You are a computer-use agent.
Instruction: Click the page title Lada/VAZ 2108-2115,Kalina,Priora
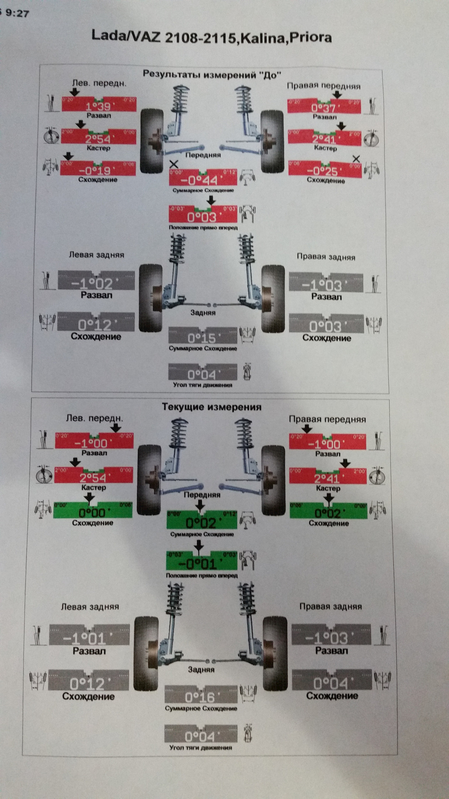click(211, 37)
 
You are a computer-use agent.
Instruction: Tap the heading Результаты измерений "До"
click(212, 75)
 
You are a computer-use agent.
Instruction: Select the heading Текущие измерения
click(212, 407)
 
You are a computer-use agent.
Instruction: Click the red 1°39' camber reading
click(99, 106)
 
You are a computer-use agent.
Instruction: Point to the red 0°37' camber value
click(323, 108)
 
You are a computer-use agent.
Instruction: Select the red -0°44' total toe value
click(203, 180)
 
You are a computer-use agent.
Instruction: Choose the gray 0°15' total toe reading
click(202, 338)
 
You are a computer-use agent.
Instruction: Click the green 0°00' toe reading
click(93, 513)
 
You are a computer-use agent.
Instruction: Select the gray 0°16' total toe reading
click(201, 697)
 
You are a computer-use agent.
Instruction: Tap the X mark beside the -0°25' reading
click(356, 159)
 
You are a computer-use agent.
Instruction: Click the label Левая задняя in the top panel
click(96, 255)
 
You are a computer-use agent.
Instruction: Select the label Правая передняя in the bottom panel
click(328, 419)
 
